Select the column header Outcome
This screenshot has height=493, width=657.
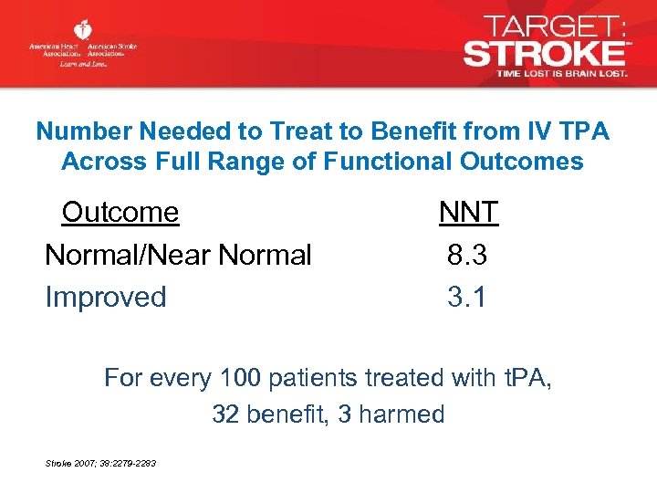pos(120,213)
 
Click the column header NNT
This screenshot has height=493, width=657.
pos(468,213)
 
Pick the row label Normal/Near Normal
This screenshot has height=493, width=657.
pos(178,255)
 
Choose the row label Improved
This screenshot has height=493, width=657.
pos(106,297)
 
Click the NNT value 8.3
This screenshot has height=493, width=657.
pos(467,255)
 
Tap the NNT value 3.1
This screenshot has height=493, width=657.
pos(467,297)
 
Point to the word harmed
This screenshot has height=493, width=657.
pos(402,414)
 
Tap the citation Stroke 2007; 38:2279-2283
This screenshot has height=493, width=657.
pos(100,464)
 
